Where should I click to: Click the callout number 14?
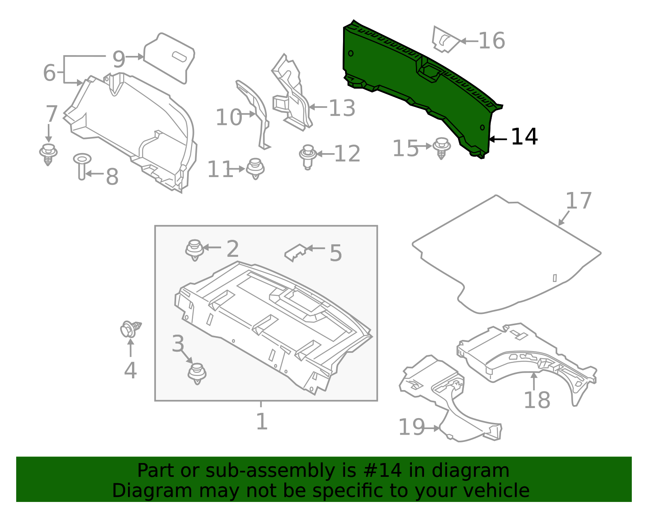pos(524,137)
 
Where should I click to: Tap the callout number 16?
pos(492,41)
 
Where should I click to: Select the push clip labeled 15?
pos(441,148)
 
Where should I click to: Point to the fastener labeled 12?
pos(308,156)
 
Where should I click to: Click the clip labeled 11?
pos(255,168)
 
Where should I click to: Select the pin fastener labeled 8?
pos(82,166)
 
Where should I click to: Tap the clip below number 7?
pos(48,154)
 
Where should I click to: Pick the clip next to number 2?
pos(194,250)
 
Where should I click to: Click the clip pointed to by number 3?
pos(197,373)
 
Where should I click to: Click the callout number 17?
pos(578,201)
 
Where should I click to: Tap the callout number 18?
pos(537,400)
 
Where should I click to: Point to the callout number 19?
pos(411,427)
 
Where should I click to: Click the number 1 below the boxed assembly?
pos(262,422)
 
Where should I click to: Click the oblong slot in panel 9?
pos(180,56)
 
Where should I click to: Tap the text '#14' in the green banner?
pos(383,471)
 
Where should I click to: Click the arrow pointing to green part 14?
pos(498,139)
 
